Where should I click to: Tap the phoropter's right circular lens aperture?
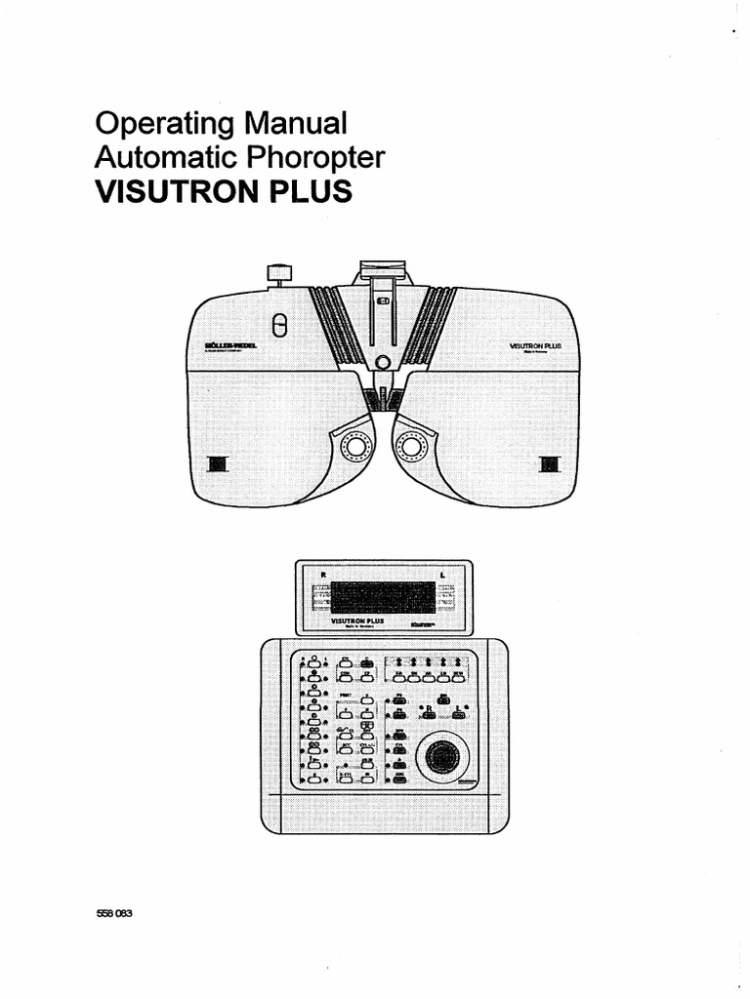(x=410, y=449)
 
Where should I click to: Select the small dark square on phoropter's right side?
(x=551, y=462)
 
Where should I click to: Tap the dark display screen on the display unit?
(x=383, y=596)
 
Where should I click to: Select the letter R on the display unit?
(x=316, y=575)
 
